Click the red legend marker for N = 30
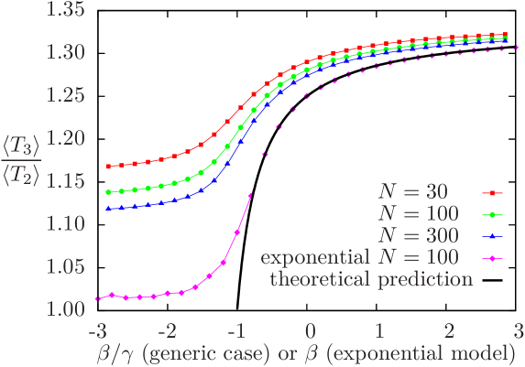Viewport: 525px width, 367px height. [x=492, y=193]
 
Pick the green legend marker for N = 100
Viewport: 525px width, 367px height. [x=492, y=215]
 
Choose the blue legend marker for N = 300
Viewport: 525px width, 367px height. [x=492, y=237]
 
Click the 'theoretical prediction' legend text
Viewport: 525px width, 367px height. [x=370, y=279]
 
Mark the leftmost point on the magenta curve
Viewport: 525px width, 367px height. [x=97, y=299]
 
